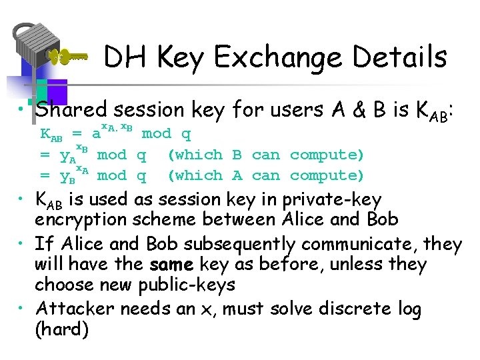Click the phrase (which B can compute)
pyautogui.click(x=265, y=155)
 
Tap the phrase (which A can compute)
pyautogui.click(x=265, y=175)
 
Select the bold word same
pyautogui.click(x=171, y=265)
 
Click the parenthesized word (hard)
pyautogui.click(x=61, y=329)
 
